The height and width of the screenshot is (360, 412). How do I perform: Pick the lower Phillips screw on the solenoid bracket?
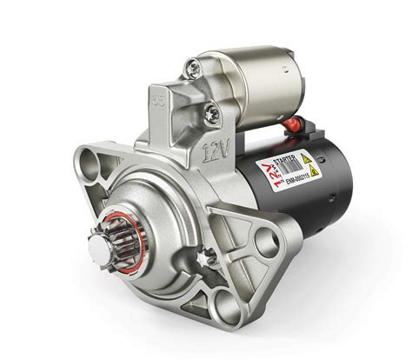(x=212, y=111)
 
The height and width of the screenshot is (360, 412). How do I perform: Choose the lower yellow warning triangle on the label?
(x=314, y=171)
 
